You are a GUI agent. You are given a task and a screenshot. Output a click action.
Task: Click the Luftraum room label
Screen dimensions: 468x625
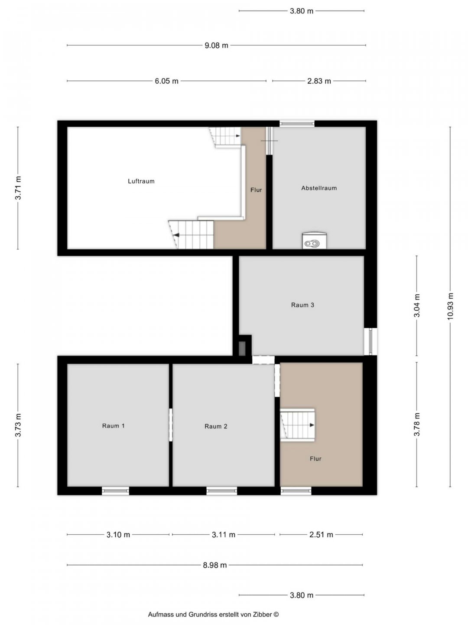(141, 181)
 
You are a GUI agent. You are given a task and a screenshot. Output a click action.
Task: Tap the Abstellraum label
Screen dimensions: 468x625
(319, 188)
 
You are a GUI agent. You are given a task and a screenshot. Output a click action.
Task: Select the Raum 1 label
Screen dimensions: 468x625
(113, 426)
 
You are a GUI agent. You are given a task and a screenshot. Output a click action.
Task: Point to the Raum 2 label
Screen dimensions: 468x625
(216, 426)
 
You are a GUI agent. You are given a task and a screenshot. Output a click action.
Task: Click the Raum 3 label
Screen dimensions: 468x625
(302, 305)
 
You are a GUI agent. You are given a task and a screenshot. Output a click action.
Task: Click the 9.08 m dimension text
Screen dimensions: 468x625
(216, 46)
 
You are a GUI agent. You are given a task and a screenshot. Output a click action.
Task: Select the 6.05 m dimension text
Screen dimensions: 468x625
(166, 81)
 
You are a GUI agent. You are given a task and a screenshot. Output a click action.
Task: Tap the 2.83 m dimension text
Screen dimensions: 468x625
(319, 81)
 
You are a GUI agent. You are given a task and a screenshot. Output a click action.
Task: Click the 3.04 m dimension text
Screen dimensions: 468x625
(416, 306)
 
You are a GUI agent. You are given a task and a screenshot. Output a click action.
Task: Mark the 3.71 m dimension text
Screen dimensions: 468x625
(18, 188)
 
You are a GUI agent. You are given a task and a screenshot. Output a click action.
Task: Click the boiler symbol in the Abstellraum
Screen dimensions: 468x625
(314, 241)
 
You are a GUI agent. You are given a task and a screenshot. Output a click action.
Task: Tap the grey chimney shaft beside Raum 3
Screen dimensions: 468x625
(242, 348)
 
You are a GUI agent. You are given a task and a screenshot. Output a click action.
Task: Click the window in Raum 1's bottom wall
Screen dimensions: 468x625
(115, 491)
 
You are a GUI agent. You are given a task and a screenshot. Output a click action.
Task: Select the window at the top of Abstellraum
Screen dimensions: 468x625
(297, 124)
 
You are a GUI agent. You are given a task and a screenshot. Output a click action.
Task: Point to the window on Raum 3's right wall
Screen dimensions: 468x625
(370, 342)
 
